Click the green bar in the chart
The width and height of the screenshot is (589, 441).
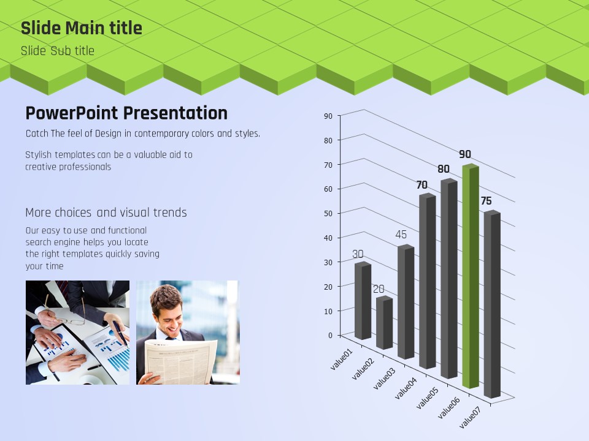471,276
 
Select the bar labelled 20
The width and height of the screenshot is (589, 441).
384,323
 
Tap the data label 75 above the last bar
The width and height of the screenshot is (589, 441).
486,201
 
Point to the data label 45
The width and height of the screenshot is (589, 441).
401,235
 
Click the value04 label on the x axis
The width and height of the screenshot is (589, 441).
406,388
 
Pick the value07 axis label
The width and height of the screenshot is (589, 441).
470,418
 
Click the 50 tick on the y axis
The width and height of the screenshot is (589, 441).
328,213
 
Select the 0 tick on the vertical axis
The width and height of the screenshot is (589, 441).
330,335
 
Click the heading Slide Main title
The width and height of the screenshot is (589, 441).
82,28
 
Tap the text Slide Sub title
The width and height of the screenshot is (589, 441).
58,51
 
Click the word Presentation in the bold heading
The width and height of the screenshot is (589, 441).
175,113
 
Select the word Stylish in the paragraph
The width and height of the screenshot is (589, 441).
39,155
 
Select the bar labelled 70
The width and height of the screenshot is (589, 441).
428,281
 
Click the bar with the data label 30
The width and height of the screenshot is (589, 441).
363,301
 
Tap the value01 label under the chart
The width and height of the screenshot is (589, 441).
342,360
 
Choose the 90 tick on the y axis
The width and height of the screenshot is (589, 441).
328,116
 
